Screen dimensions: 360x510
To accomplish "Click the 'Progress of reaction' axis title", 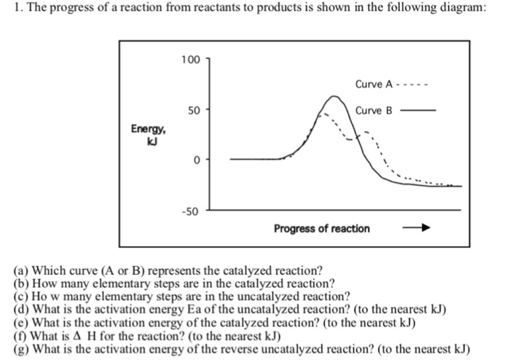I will (322, 229).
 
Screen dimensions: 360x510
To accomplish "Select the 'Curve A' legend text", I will (375, 85).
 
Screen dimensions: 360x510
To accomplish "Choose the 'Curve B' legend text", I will (375, 111).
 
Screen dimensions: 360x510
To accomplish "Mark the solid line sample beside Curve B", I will (420, 111).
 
